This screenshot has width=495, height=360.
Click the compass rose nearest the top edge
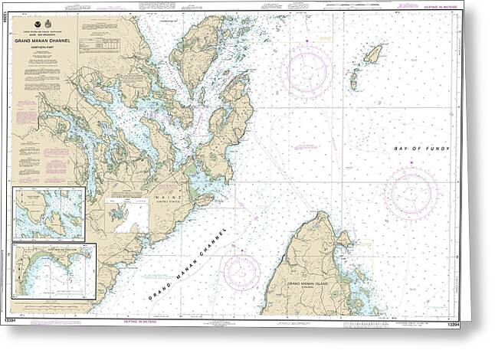click(306, 70)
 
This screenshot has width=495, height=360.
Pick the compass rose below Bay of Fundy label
click(411, 192)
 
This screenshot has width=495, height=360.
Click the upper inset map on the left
click(49, 213)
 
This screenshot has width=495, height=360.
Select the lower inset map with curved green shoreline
click(54, 270)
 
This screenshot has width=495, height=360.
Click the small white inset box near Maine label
click(126, 216)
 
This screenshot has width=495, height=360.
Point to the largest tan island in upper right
click(373, 54)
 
